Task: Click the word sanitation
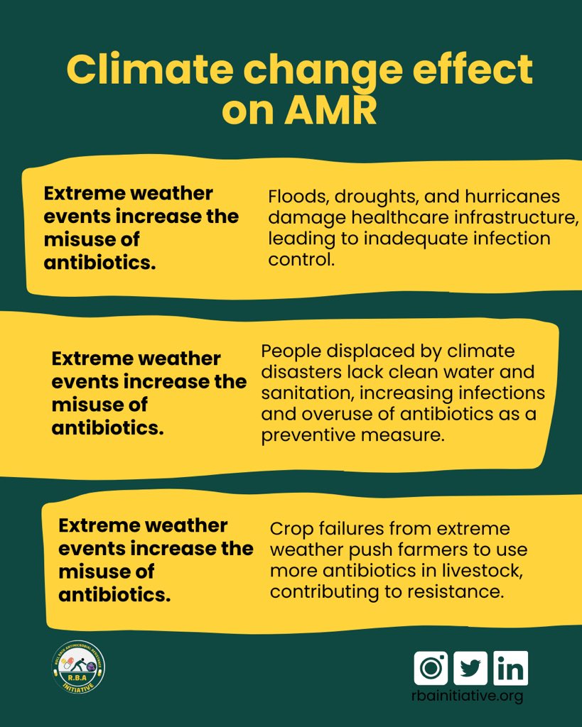click(x=307, y=393)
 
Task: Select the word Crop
click(x=292, y=529)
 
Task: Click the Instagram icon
click(x=431, y=668)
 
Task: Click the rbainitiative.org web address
click(x=467, y=696)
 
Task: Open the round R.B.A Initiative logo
click(x=79, y=667)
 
